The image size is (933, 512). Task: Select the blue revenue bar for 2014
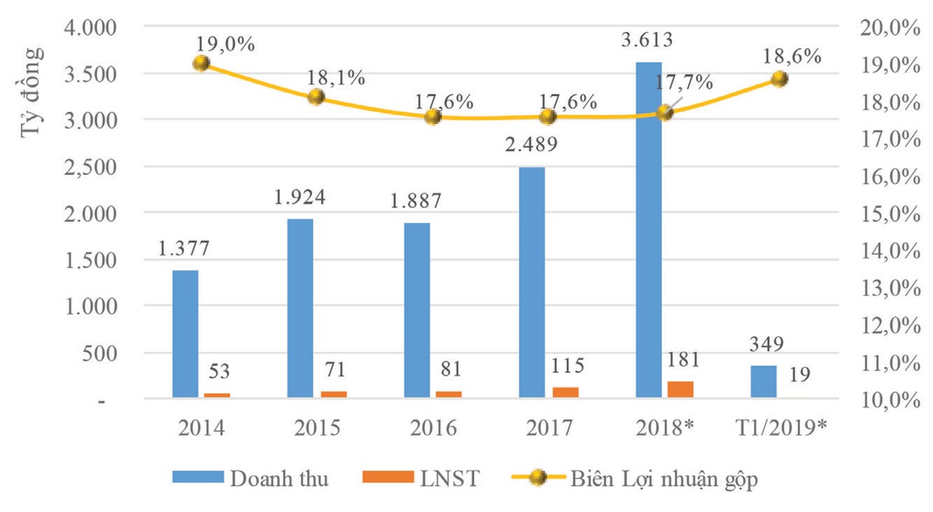point(185,334)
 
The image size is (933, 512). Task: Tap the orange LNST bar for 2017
point(565,392)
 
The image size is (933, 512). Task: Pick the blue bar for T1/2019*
point(764,382)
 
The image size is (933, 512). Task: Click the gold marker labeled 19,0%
point(201,63)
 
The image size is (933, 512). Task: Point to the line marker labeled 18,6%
point(780,79)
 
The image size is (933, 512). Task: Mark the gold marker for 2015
point(316,96)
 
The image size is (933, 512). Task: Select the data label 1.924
point(299,197)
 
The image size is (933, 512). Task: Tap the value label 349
point(763,344)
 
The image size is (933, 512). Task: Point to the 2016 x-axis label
point(432,429)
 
